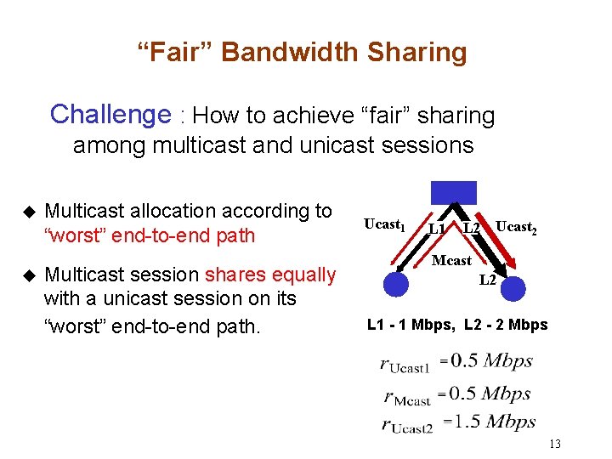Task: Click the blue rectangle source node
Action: pos(453,193)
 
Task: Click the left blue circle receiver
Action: pos(395,283)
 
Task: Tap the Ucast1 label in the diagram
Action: pos(383,224)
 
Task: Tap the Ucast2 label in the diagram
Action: pos(516,227)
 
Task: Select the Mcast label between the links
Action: pos(451,260)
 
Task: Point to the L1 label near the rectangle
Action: pos(438,228)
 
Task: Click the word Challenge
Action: pos(110,114)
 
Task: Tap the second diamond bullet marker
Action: pos(28,275)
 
